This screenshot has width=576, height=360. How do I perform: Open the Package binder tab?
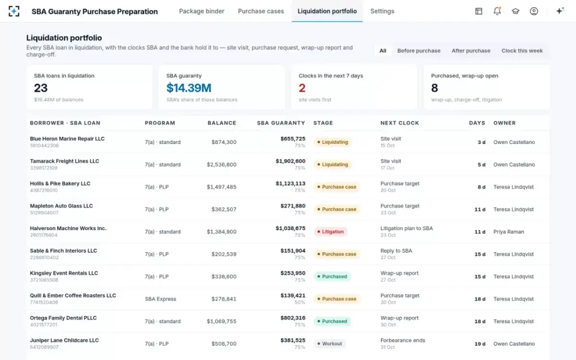202,12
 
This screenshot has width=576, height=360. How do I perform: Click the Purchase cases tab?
261,12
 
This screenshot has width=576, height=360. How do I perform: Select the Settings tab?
382,12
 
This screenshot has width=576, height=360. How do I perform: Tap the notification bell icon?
497,11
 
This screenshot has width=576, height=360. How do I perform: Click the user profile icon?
534,11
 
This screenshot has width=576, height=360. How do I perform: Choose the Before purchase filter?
419,51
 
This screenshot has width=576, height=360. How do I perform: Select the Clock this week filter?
522,51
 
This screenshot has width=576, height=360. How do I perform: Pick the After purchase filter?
471,51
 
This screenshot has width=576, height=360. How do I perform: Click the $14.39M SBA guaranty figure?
189,88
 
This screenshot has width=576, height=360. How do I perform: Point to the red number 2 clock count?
302,88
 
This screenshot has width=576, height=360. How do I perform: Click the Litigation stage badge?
330,232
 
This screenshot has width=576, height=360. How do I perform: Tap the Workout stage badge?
330,344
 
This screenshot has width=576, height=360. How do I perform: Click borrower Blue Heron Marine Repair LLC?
67,139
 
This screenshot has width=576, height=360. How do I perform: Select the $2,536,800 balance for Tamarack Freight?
221,165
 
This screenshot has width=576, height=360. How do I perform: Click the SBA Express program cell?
160,299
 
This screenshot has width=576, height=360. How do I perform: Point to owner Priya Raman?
508,232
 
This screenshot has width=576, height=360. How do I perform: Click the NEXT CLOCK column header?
399,123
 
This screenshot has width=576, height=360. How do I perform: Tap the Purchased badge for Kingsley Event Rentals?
332,276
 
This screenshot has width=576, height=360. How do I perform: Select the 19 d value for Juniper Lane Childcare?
480,344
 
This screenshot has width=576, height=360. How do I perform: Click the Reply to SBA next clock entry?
396,251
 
